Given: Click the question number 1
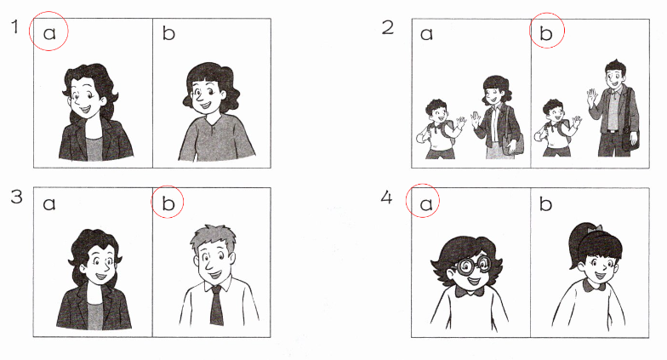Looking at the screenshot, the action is (15, 27).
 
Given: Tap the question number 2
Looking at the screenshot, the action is (388, 27).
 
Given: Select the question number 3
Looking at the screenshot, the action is (16, 197).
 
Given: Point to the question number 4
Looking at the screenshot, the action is (386, 197).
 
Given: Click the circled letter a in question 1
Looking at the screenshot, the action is (49, 33).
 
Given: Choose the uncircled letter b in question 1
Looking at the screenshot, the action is (168, 32).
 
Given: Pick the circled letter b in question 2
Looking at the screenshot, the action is (546, 32).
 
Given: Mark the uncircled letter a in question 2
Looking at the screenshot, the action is (426, 34).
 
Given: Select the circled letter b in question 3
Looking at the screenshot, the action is (168, 203).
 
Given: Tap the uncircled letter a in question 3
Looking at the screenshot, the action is (49, 204).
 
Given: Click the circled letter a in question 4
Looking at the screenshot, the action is (426, 204).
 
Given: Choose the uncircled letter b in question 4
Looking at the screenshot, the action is (546, 203).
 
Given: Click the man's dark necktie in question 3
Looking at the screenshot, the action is (216, 305).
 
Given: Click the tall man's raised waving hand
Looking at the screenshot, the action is (592, 99).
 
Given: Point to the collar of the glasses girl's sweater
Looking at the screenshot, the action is (470, 292).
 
